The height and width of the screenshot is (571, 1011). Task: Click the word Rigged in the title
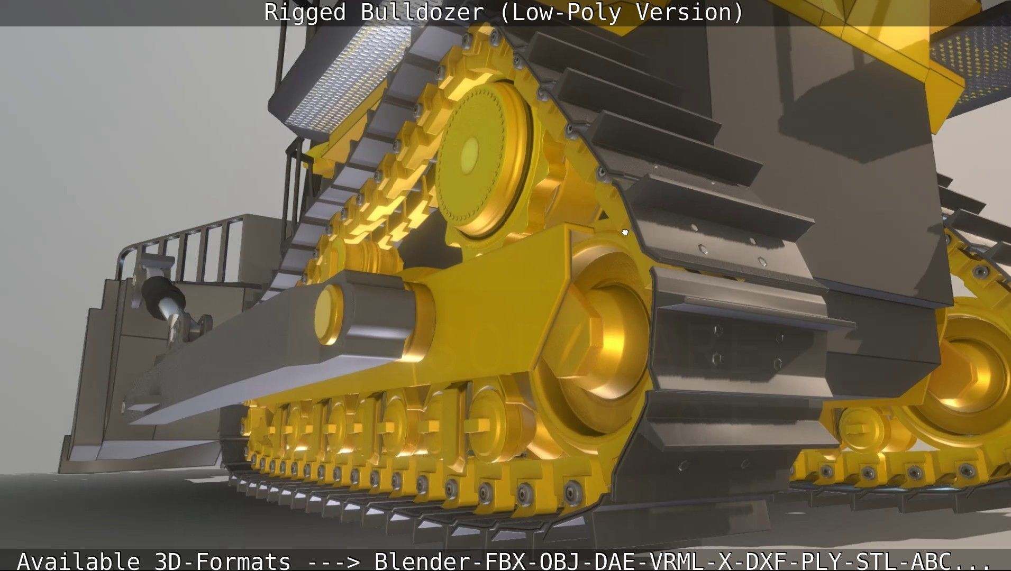coord(304,12)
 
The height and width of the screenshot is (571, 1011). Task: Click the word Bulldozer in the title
coord(422,12)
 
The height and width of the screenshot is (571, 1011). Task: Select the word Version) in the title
coord(689,12)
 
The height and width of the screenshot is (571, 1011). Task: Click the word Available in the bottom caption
coord(78,560)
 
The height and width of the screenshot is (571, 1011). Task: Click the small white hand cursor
coord(625,232)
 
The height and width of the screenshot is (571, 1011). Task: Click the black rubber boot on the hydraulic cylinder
coord(159,290)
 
